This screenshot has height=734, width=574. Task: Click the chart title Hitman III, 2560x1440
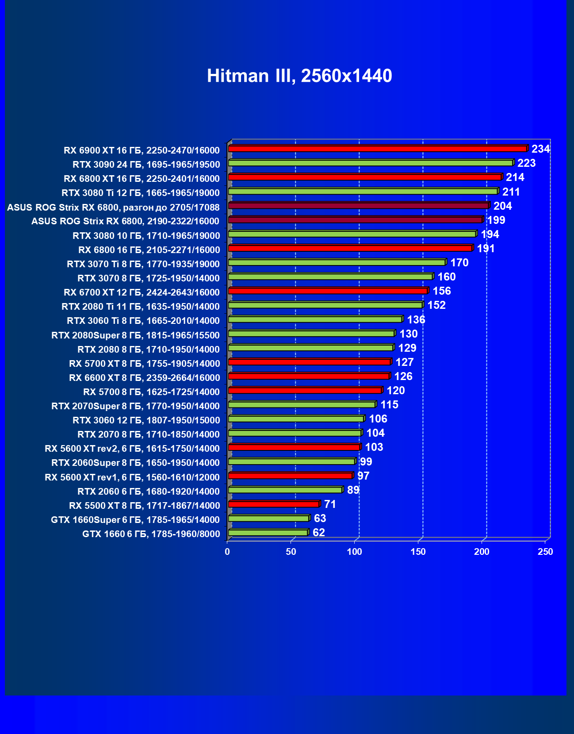coord(299,76)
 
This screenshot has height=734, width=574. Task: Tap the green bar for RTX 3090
coord(370,163)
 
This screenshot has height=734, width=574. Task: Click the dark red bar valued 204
coord(358,206)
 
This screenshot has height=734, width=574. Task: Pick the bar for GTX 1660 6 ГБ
coord(268,533)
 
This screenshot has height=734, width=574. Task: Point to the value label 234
coord(540,149)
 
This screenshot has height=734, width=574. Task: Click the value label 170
coord(459,263)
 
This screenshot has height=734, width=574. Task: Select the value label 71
coord(330,504)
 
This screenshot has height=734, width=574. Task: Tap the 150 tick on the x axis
coord(418,552)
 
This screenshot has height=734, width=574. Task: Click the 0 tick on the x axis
coord(227,552)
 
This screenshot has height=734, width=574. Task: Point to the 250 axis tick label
coord(545,552)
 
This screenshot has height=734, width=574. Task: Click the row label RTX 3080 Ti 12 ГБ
coord(141,193)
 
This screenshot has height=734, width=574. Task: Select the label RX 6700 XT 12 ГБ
coord(142,292)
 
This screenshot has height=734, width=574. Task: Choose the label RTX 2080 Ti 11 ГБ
coord(141,307)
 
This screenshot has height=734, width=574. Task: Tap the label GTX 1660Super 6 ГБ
coord(135,520)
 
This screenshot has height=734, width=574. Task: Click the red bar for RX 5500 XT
coord(273,504)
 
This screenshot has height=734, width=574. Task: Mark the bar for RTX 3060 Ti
coord(315,319)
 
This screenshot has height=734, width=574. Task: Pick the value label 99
coord(366,462)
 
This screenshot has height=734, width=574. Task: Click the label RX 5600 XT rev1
coord(132,477)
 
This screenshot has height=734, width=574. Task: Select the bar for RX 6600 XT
coord(309,376)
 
